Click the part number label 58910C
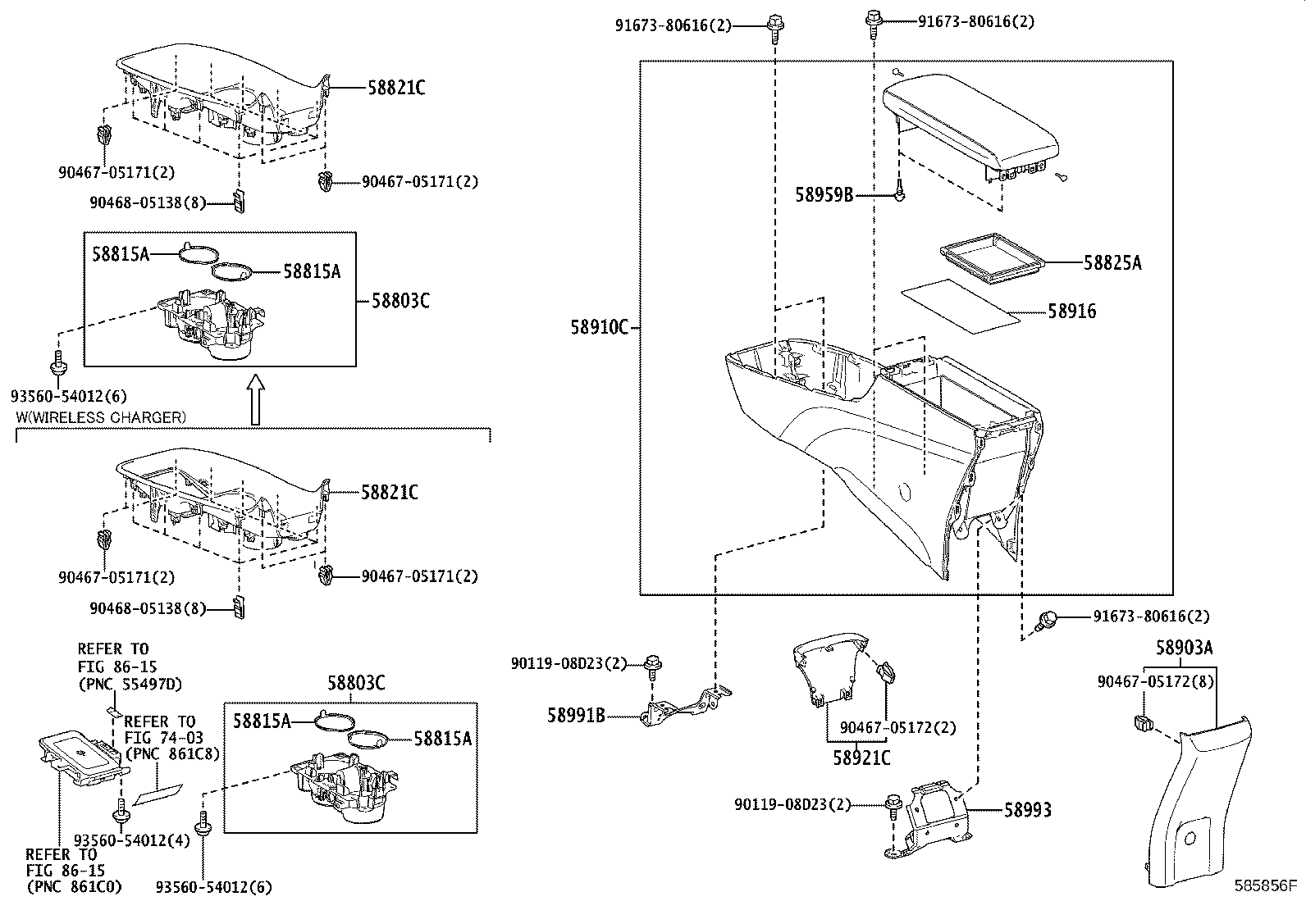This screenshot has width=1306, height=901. click(x=599, y=328)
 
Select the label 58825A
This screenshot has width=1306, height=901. click(x=1112, y=263)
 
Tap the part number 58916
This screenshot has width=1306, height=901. click(x=1071, y=312)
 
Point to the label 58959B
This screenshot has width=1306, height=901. click(x=824, y=195)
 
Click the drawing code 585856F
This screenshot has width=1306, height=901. click(x=1267, y=886)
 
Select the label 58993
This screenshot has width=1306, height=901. click(x=1027, y=811)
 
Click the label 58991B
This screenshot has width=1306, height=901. click(x=576, y=717)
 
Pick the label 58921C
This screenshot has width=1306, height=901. click(x=861, y=758)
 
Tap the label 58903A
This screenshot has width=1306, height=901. click(x=1184, y=648)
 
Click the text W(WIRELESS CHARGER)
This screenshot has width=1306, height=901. click(x=101, y=418)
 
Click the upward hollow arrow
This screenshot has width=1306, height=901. click(x=256, y=400)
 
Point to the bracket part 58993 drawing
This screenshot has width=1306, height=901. click(x=931, y=820)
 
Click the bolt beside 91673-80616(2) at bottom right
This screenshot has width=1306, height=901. click(x=1048, y=620)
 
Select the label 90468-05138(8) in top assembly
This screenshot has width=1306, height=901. click(x=136, y=202)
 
